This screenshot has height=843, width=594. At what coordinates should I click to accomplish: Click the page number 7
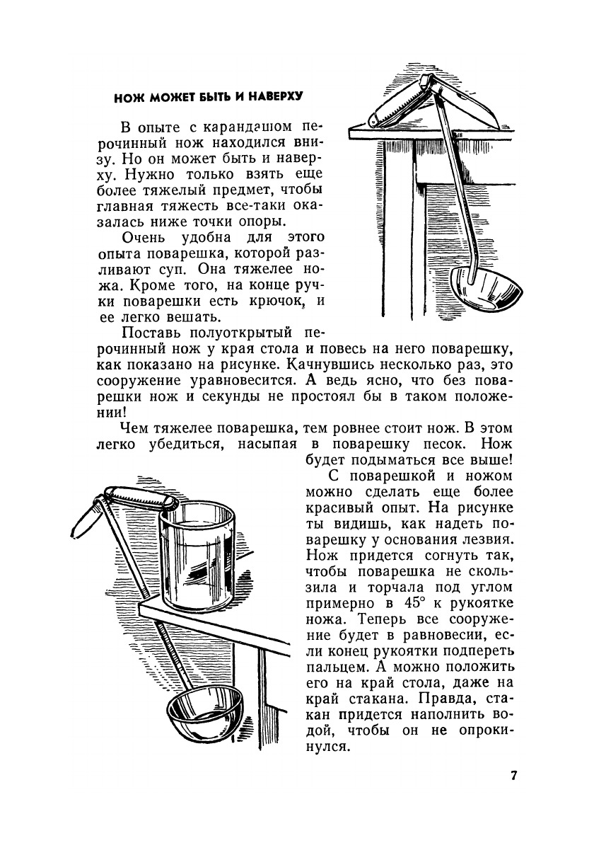[x=513, y=775]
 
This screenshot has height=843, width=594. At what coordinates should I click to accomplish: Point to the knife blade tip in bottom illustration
[x=79, y=530]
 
